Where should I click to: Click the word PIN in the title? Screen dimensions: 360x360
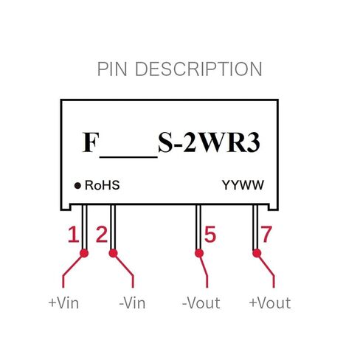click(x=112, y=69)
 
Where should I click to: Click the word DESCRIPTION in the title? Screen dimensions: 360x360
click(x=198, y=69)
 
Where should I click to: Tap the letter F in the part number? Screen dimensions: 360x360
click(x=91, y=142)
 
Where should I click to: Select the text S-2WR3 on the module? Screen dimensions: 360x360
click(x=209, y=142)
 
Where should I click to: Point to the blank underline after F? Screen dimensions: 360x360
click(x=128, y=156)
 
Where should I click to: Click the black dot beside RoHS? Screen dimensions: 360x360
click(x=77, y=186)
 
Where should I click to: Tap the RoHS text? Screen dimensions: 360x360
click(x=102, y=185)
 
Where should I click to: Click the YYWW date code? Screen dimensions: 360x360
click(x=243, y=185)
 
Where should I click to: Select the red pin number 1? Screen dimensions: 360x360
click(x=73, y=235)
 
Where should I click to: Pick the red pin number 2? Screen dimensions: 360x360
click(x=102, y=235)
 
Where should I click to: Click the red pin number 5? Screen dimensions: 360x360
click(x=210, y=235)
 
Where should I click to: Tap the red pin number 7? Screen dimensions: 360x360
click(x=266, y=235)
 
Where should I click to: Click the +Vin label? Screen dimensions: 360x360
click(x=63, y=303)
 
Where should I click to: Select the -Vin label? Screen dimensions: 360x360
click(x=132, y=303)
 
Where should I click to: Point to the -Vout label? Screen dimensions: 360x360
click(x=201, y=303)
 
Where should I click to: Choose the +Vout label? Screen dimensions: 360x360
click(x=270, y=303)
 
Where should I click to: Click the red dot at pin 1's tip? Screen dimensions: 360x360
click(x=84, y=253)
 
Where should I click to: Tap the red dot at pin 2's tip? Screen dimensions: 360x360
click(x=113, y=253)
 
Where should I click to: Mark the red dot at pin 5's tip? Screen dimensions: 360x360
click(x=199, y=253)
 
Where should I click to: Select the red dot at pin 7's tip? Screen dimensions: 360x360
click(x=257, y=253)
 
